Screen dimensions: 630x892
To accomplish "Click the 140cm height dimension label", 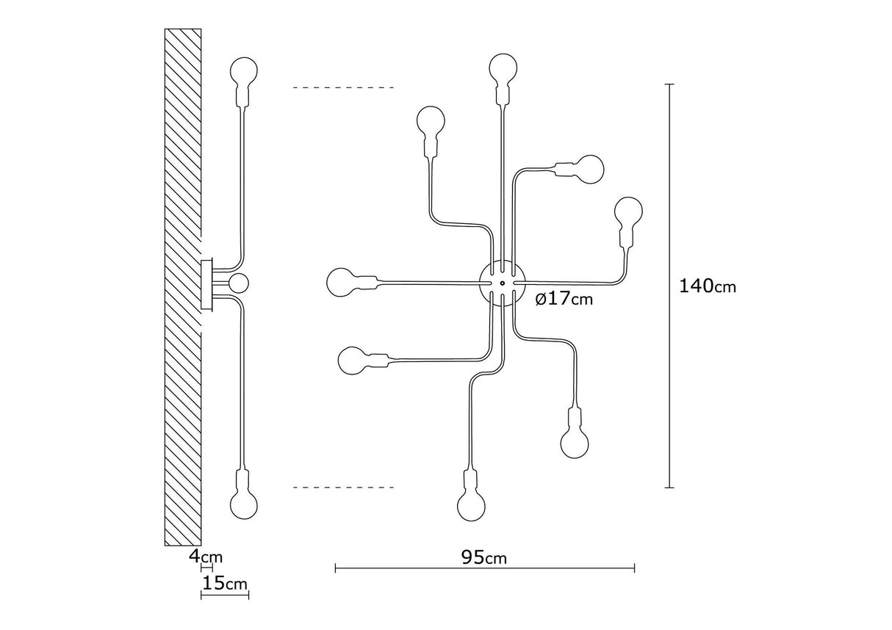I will pyautogui.click(x=707, y=286).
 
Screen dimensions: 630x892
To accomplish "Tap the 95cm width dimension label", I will pyautogui.click(x=483, y=558).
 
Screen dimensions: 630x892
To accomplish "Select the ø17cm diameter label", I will pyautogui.click(x=564, y=299).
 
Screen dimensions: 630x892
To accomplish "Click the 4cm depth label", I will pyautogui.click(x=205, y=556).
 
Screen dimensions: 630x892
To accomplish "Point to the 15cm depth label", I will pyautogui.click(x=224, y=584).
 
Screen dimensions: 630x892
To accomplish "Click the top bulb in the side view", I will pyautogui.click(x=244, y=71).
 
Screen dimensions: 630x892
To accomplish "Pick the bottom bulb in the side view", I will pyautogui.click(x=244, y=504).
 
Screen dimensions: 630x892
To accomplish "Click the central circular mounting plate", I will pyautogui.click(x=499, y=282).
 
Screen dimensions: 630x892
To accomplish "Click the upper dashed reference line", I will pyautogui.click(x=343, y=88).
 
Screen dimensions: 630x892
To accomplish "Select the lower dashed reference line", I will pyautogui.click(x=343, y=487).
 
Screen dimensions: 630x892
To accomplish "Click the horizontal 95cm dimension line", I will pyautogui.click(x=411, y=568).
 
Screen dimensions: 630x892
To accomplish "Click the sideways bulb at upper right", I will pyautogui.click(x=589, y=170).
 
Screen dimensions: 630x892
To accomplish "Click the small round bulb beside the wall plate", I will pyautogui.click(x=238, y=283).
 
